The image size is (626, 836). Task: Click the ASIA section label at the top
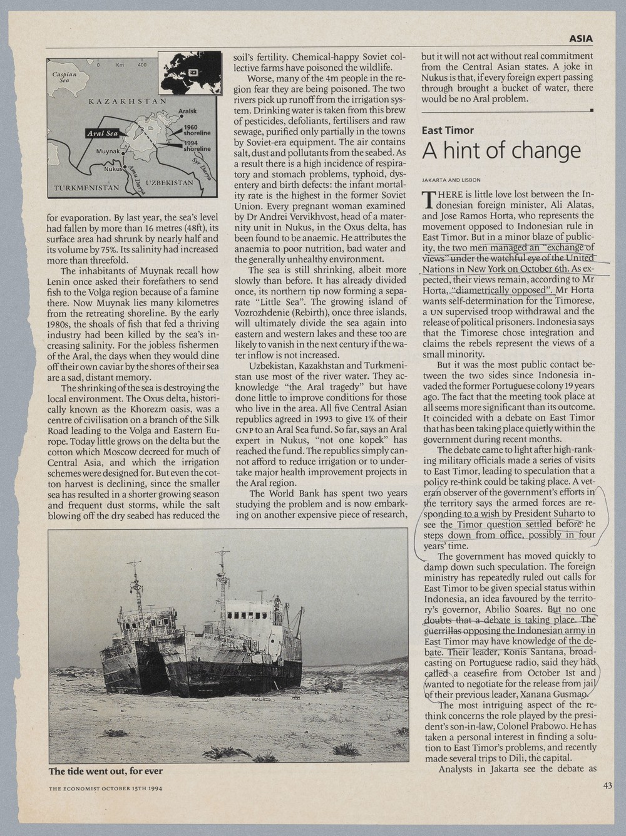click(581, 39)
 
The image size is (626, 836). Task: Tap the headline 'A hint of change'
click(501, 151)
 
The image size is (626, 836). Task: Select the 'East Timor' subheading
click(447, 130)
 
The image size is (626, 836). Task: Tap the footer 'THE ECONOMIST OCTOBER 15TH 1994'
click(105, 788)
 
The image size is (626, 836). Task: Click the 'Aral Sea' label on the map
click(102, 134)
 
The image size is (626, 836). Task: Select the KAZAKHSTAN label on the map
click(127, 101)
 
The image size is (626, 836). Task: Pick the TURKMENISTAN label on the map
click(86, 187)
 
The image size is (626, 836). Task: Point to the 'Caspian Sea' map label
click(64, 77)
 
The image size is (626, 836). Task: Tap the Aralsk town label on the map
click(187, 111)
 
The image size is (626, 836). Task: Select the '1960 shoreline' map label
click(197, 130)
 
